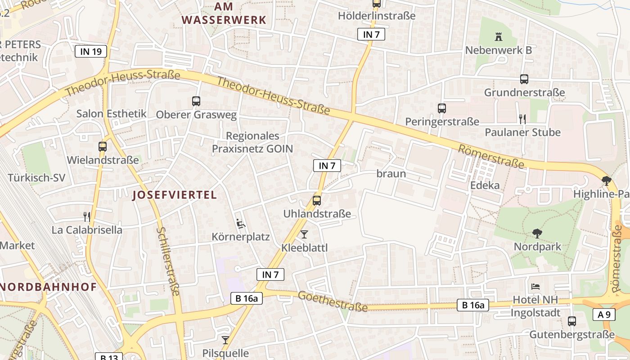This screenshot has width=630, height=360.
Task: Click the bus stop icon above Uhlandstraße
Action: [x=317, y=201]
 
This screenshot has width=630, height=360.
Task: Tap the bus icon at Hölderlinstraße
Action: [x=377, y=4]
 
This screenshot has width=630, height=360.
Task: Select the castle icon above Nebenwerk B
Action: [x=498, y=36]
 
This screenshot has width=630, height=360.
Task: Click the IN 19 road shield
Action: [x=91, y=51]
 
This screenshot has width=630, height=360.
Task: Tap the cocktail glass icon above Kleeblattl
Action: [x=304, y=234]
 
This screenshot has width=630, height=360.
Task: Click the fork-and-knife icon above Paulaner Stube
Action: [x=522, y=119]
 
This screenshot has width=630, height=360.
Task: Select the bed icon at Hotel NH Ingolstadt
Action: [x=535, y=286]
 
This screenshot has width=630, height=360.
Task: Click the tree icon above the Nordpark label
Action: [x=537, y=233]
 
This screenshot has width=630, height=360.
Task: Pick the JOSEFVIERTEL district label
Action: [x=175, y=195]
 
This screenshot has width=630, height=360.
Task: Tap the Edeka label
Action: [x=485, y=185]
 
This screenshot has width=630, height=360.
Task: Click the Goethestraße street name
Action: [x=333, y=301]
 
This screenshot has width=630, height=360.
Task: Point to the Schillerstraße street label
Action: [x=168, y=261]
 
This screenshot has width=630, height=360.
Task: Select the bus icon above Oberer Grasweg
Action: [x=196, y=101]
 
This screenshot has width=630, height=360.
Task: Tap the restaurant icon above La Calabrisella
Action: [x=87, y=217]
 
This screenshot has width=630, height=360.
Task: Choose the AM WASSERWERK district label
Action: [x=224, y=13]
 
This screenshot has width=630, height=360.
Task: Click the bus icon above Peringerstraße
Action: [x=442, y=108]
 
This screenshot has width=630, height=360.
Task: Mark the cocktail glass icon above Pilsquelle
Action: [x=225, y=340]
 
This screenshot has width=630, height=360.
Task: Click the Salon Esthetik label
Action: [x=112, y=113]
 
